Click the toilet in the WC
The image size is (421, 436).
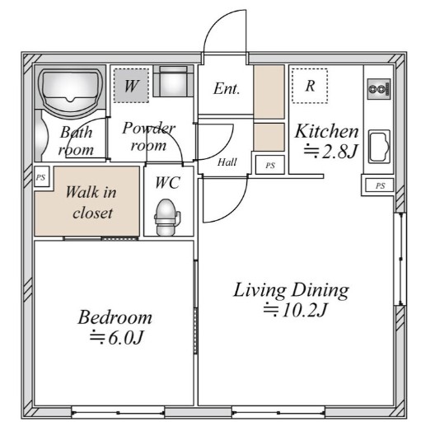coord(167,217)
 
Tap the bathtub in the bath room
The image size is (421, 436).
coord(70,89)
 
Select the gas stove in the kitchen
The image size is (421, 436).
coord(379,89)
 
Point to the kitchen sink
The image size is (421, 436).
coord(379,146)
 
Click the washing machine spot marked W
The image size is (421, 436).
coord(131,86)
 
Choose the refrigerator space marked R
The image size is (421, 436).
coord(310,86)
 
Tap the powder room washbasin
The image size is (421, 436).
coord(173,81)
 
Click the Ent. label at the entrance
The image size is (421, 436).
coord(227,89)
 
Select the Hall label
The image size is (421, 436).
coord(227,162)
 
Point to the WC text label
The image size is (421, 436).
coord(167,183)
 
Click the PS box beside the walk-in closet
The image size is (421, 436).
coord(41,177)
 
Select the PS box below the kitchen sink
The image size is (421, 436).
coord(380,185)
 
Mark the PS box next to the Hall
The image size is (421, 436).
coord(270,165)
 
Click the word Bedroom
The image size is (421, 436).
coord(115,317)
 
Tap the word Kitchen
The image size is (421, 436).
coord(326,131)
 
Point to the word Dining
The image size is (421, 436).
coord(320,290)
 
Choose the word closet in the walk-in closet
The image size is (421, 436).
coord(92,213)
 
